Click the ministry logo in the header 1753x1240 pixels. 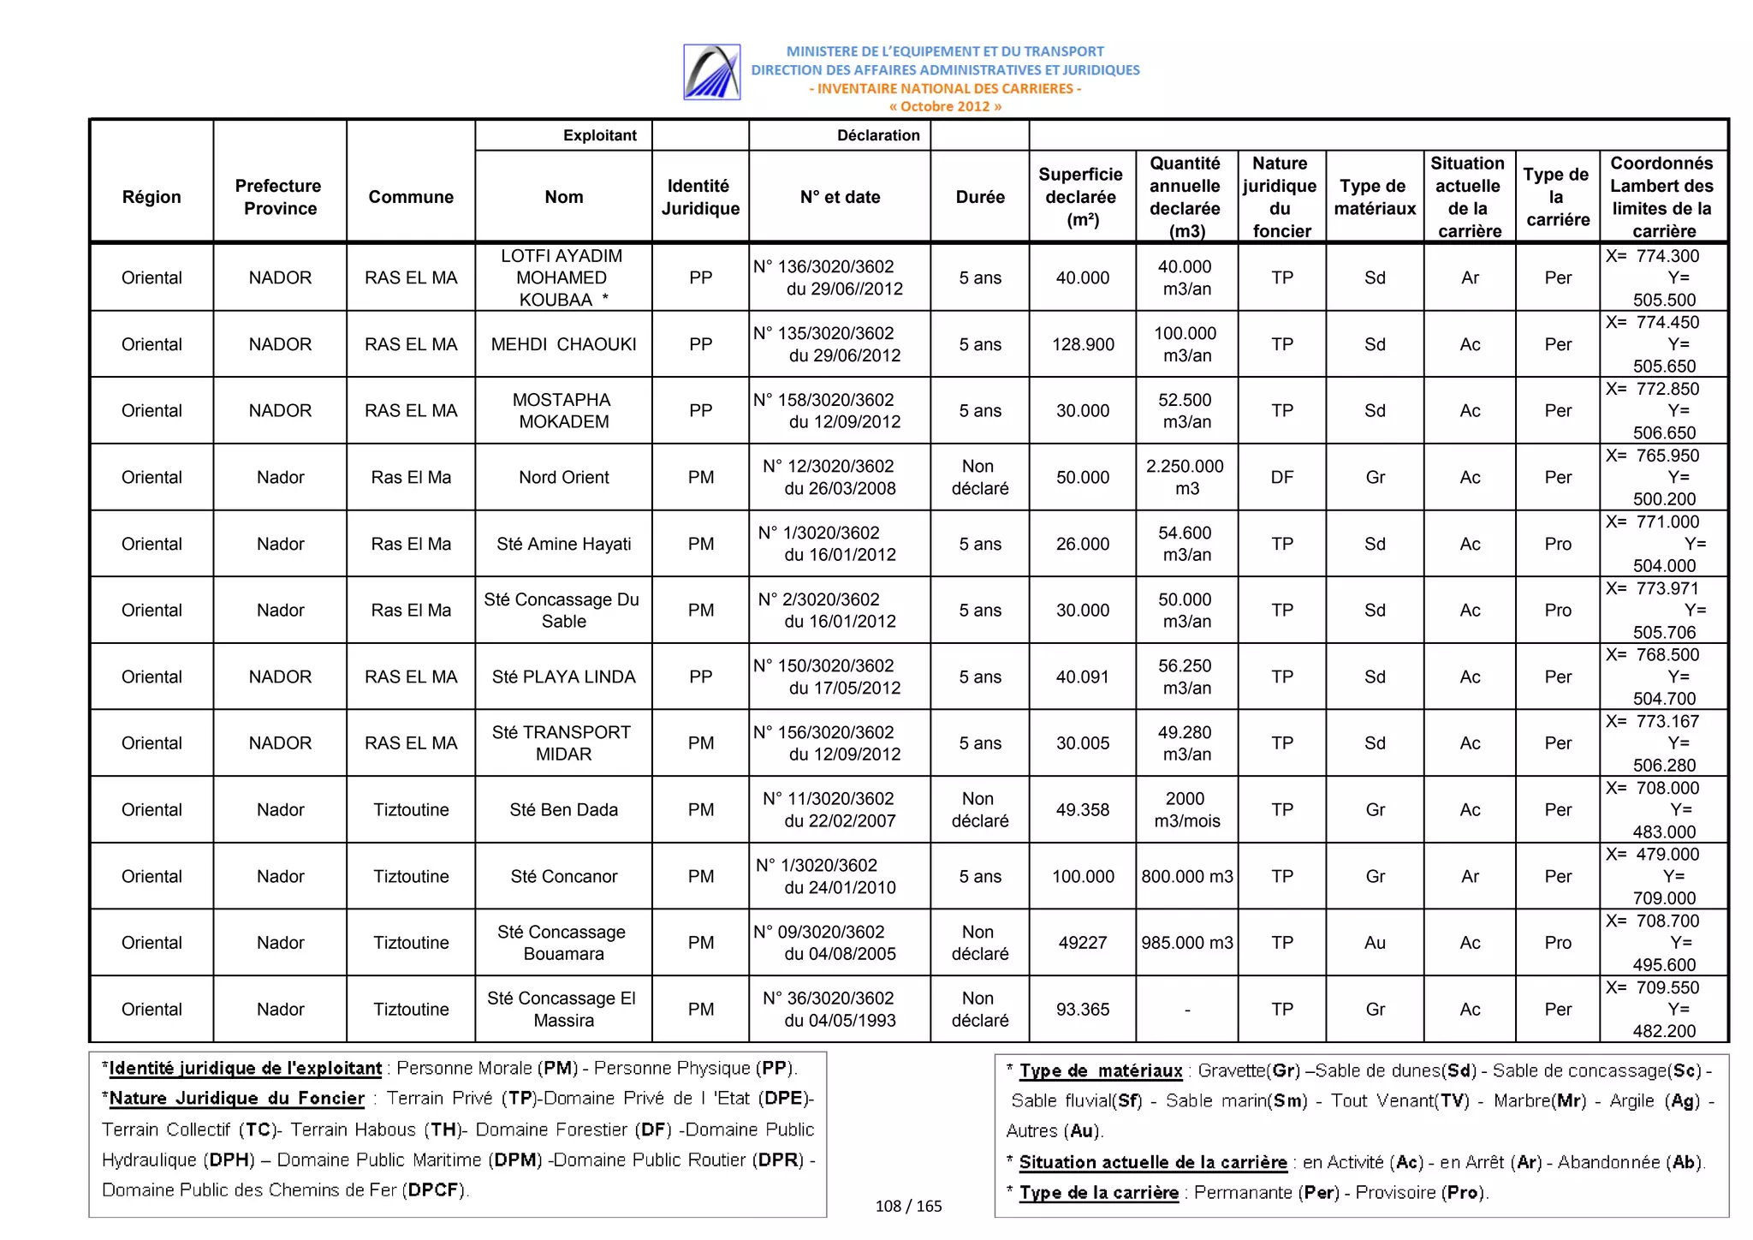tap(711, 72)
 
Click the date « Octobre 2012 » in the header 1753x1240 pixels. tap(944, 106)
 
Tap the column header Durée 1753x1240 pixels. tap(979, 197)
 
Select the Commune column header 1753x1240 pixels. tap(411, 197)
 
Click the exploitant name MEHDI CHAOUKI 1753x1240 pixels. tap(563, 344)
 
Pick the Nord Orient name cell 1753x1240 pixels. tap(563, 477)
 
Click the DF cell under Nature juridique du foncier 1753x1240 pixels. tap(1281, 477)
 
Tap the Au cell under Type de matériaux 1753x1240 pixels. tap(1375, 943)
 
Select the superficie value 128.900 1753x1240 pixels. tap(1083, 344)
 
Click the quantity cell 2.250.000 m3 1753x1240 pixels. tap(1186, 477)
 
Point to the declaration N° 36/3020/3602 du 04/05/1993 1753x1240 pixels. tap(840, 1010)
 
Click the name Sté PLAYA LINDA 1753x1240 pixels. tap(563, 677)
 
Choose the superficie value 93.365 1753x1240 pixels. tap(1083, 1010)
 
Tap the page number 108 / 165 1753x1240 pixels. tap(908, 1206)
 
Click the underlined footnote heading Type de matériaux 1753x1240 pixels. tap(1100, 1070)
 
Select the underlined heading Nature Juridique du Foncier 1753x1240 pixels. tap(236, 1099)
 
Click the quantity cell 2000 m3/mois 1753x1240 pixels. tap(1186, 809)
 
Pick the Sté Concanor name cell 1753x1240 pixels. tap(563, 876)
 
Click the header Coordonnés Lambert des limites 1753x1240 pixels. tap(1661, 197)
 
